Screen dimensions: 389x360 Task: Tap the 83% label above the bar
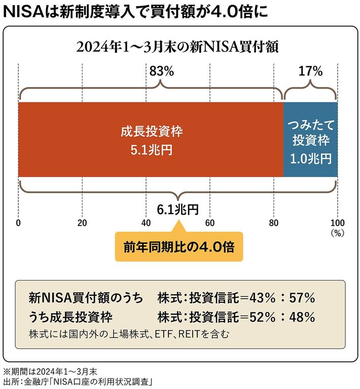162,72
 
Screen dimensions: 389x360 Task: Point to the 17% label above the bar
310,72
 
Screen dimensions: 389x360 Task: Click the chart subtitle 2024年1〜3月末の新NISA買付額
178,47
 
